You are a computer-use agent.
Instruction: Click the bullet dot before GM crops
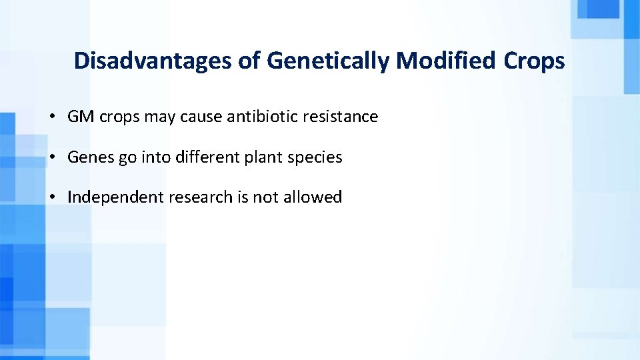click(51, 117)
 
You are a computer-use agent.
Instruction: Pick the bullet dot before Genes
click(51, 157)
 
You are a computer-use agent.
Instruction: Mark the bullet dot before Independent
click(51, 197)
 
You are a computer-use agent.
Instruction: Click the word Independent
click(116, 197)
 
